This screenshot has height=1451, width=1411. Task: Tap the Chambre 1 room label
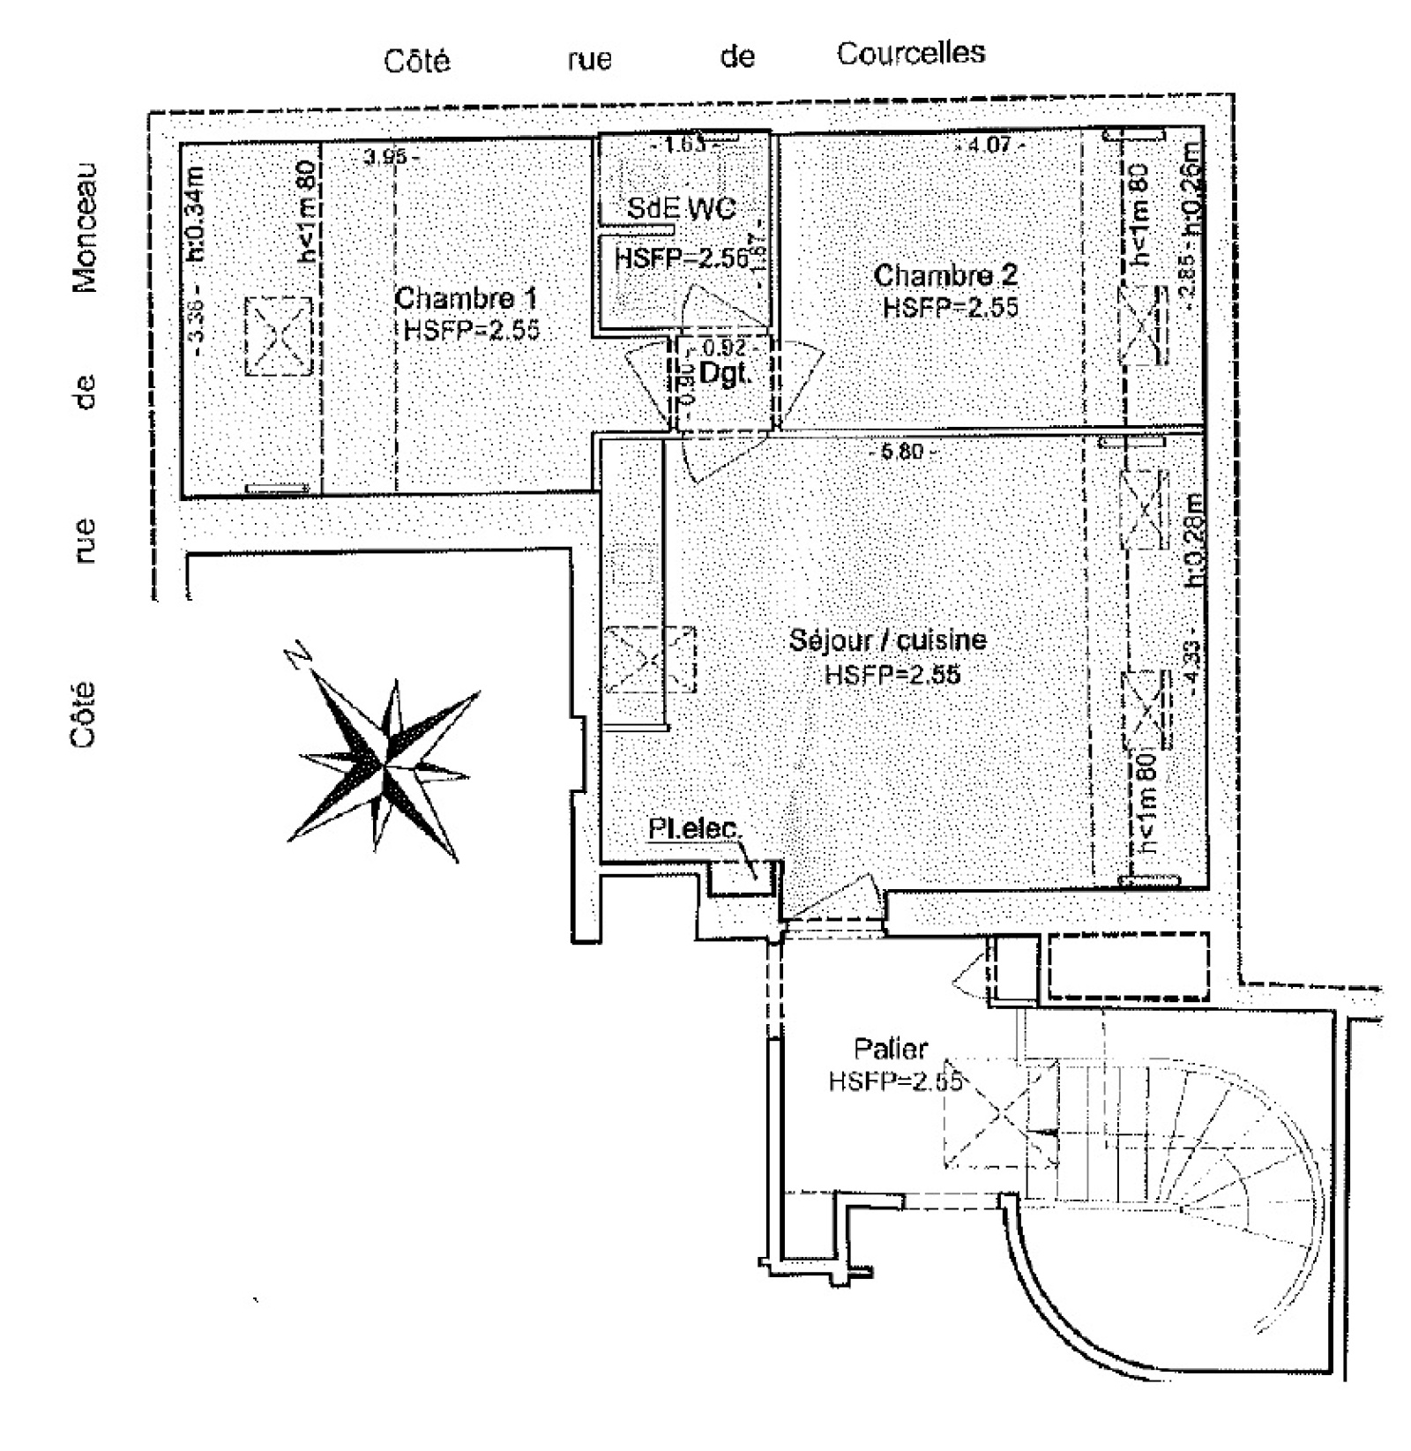point(465,298)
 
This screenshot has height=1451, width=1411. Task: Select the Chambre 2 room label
point(945,275)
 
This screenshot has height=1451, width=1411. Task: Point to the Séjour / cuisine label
point(887,639)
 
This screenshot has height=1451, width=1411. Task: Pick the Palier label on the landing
point(891,1049)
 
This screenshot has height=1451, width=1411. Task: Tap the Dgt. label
point(724,373)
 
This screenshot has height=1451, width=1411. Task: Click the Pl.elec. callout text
point(696,830)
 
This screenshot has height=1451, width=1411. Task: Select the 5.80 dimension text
point(901,452)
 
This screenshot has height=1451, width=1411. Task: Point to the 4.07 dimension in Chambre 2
point(989,144)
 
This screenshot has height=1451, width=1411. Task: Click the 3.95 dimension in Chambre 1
point(386,157)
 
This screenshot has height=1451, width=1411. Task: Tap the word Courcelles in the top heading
point(911,53)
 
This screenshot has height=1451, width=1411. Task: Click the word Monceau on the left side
point(85,227)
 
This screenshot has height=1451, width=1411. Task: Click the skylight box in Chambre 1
point(278,337)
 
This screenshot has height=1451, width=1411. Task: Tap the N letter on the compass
point(300,658)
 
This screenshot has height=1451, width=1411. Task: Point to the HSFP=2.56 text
point(681,258)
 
